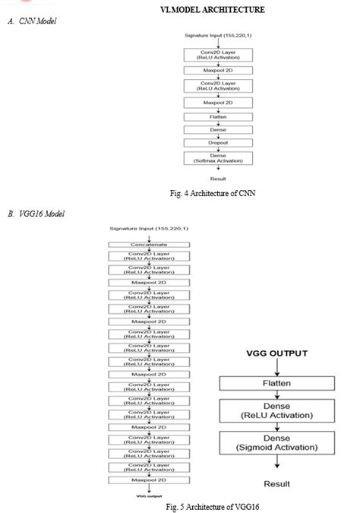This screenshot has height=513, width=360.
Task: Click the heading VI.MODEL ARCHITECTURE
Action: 212,9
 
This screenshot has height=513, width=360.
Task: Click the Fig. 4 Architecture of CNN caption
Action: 213,193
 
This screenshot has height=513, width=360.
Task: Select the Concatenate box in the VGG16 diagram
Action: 149,245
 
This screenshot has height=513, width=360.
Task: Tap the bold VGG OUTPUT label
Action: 276,353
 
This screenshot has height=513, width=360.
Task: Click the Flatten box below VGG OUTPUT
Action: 276,384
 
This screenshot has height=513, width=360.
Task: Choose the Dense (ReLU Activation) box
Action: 276,413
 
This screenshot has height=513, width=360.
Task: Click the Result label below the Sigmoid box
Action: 276,483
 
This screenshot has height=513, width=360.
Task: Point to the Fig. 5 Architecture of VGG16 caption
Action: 217,505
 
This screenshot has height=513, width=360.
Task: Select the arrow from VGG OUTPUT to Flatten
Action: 276,366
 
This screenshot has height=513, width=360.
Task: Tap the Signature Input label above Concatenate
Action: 149,228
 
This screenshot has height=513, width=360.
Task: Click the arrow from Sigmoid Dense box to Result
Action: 276,465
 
